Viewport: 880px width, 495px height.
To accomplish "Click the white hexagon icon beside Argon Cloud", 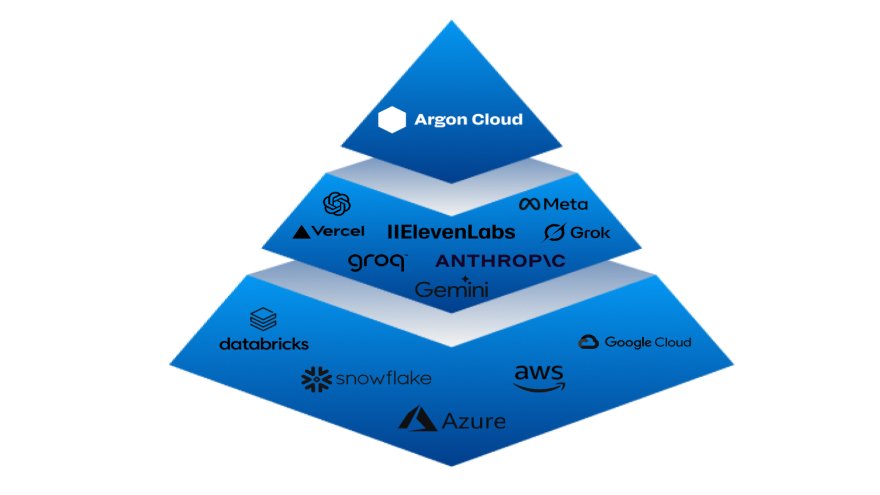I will (x=392, y=120).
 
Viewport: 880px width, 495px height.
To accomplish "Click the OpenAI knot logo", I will (x=337, y=204).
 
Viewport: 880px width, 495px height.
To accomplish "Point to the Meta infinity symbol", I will (x=529, y=204).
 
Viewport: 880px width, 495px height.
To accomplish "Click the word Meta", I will (x=565, y=204).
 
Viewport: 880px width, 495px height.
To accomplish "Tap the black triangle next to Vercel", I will (x=301, y=232).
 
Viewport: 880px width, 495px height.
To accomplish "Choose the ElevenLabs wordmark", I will (x=451, y=232).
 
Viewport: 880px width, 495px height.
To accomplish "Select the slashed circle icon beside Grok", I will (x=554, y=232).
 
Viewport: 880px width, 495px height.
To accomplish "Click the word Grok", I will (x=591, y=233).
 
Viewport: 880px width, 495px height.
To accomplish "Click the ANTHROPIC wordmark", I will (x=500, y=261).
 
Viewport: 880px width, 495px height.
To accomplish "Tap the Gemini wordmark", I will (x=451, y=289).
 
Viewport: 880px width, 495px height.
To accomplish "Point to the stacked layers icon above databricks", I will (x=264, y=320).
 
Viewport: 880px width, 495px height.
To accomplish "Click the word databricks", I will (x=264, y=344).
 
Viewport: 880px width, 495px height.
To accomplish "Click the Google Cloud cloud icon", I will (x=588, y=342).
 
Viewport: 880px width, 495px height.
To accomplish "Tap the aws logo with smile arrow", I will (x=539, y=378).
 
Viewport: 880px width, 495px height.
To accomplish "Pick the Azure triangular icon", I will (x=418, y=419).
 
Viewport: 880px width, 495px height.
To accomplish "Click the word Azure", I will (x=474, y=422).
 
